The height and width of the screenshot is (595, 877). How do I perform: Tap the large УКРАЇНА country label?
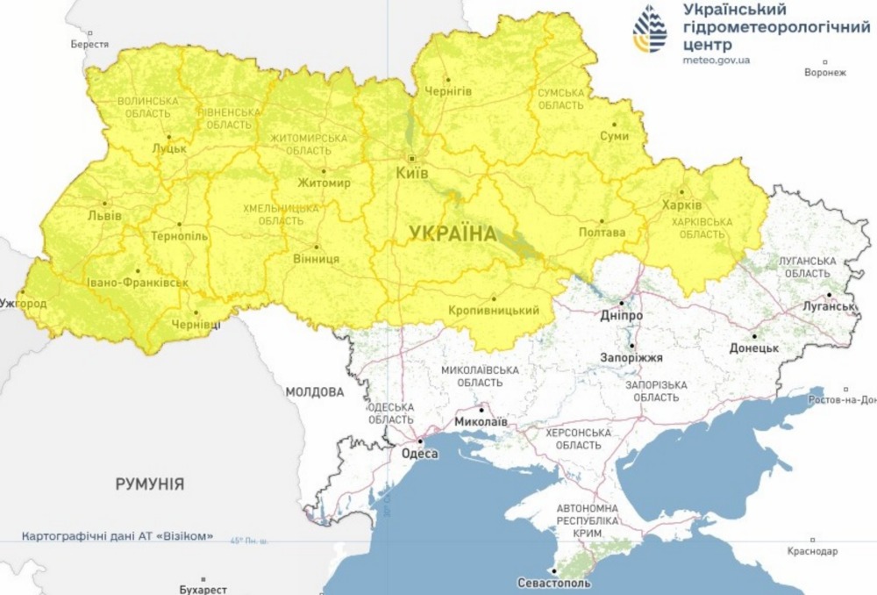tap(453, 233)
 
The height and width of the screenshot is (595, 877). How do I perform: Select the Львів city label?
tap(104, 215)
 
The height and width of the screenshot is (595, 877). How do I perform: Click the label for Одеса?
tap(419, 454)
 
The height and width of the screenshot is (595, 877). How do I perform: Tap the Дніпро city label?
tap(622, 315)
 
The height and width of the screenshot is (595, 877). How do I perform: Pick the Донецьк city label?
tap(754, 348)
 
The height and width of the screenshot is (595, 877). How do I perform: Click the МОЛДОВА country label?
tap(314, 391)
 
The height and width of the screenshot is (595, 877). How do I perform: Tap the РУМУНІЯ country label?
tap(149, 484)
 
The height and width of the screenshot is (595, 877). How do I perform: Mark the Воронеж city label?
tap(824, 73)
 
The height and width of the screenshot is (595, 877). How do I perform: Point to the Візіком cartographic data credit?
tap(117, 535)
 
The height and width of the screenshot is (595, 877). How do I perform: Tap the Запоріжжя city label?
tap(631, 358)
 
